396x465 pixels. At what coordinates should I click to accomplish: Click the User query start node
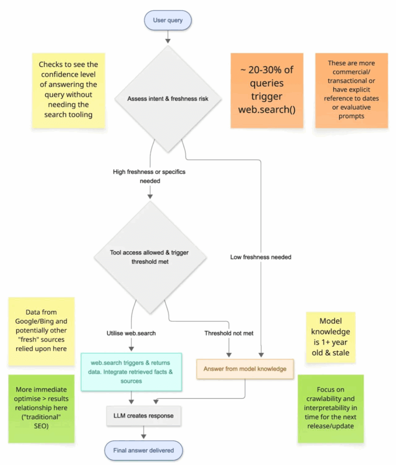click(x=168, y=20)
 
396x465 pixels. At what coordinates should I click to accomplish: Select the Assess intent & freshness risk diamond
click(x=168, y=98)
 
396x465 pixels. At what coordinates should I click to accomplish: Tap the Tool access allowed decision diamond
click(x=150, y=257)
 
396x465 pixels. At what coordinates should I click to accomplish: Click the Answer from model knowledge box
click(x=245, y=369)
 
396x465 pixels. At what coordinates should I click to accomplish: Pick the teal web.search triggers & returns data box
click(x=131, y=371)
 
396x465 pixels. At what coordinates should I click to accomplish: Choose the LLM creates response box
click(x=144, y=415)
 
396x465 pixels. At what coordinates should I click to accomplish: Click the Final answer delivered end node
click(x=143, y=451)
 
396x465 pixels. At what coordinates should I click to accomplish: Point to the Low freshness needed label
click(x=261, y=257)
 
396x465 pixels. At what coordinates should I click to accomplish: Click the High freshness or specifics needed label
click(x=149, y=176)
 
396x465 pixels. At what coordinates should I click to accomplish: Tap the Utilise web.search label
click(x=131, y=333)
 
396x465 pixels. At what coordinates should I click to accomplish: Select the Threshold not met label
click(x=229, y=333)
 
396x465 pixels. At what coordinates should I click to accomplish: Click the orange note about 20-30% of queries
click(x=267, y=90)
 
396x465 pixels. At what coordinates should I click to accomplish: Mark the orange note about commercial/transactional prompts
click(x=352, y=90)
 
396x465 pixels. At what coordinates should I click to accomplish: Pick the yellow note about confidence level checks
click(x=68, y=90)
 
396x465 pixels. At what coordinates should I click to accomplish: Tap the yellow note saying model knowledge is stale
click(x=330, y=337)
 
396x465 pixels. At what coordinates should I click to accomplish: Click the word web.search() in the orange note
click(x=267, y=110)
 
